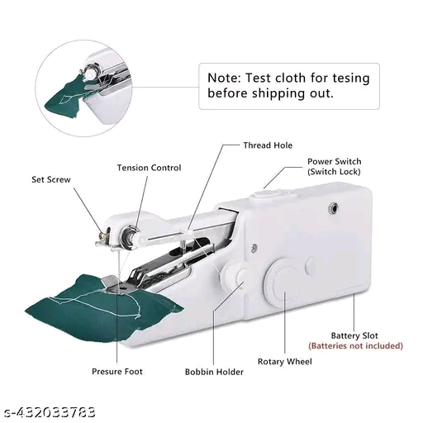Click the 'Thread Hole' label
[x=267, y=145]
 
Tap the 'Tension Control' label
[x=149, y=168]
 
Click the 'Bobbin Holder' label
[x=214, y=373]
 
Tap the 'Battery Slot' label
[x=355, y=335]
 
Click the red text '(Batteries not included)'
[x=355, y=345]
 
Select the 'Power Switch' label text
[x=334, y=161]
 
